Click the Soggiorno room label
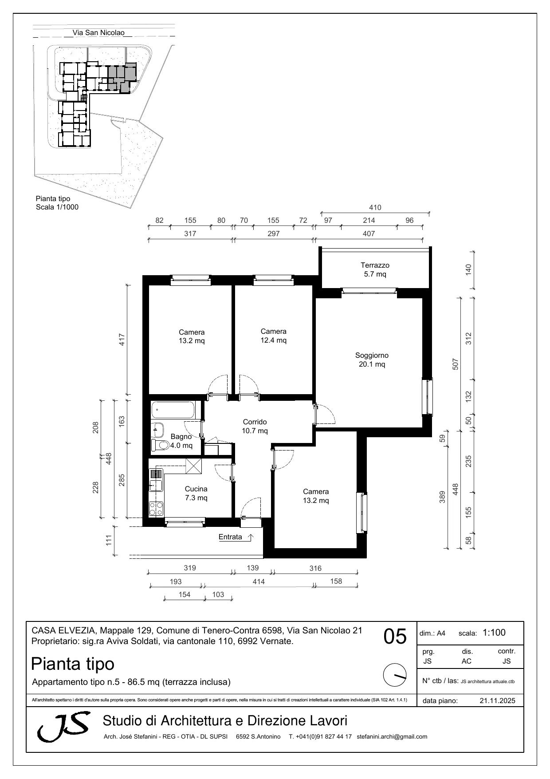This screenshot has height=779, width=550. (x=372, y=355)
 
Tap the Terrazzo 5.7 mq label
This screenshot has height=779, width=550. (x=375, y=269)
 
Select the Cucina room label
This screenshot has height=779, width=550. (x=196, y=489)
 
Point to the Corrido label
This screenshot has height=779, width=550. (x=255, y=422)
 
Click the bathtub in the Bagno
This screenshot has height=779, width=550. (x=173, y=410)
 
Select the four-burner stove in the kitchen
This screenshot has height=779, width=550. (x=156, y=509)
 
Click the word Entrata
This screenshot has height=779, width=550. (x=230, y=537)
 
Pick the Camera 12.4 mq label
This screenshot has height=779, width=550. (x=273, y=336)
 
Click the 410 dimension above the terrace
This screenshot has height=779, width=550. (x=375, y=207)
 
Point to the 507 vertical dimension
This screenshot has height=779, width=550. (x=455, y=364)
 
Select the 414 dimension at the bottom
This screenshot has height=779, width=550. (x=258, y=581)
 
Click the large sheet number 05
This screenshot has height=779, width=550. (x=395, y=637)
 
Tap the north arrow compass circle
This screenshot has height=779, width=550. (x=394, y=675)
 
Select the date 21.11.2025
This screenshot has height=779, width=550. (x=497, y=701)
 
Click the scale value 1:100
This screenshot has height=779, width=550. (x=494, y=633)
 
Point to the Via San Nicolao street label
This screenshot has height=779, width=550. (x=98, y=32)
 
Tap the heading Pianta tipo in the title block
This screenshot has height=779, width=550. (x=73, y=664)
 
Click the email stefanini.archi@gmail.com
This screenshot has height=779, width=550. (x=392, y=736)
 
